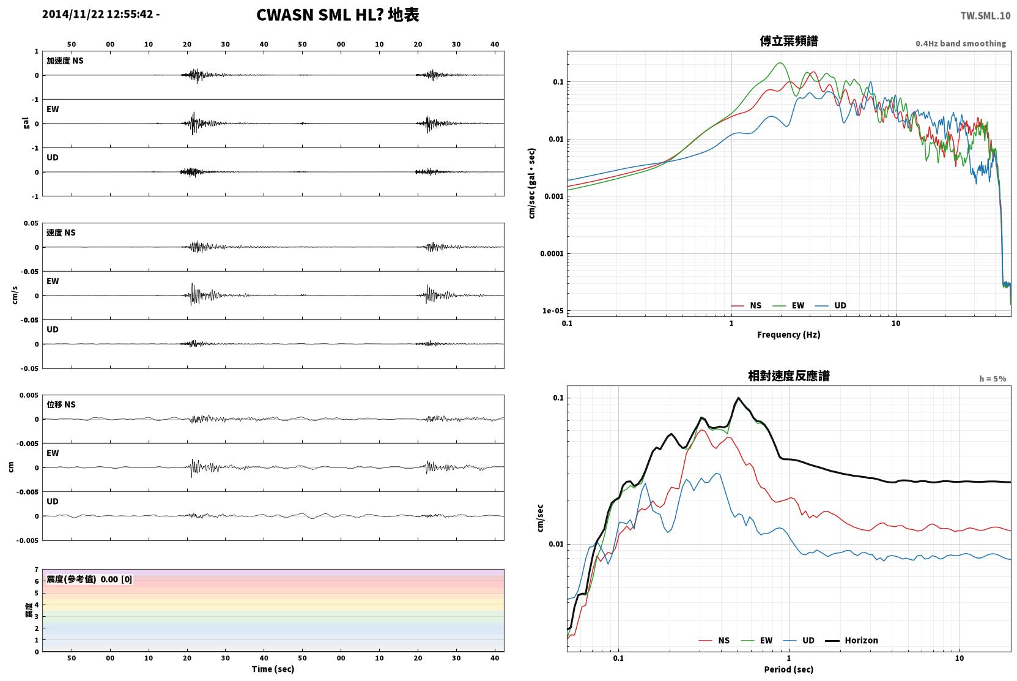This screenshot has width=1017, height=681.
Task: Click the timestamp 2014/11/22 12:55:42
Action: point(98,14)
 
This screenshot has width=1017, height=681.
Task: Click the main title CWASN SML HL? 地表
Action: point(338,15)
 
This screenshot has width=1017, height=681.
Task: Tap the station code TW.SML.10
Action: point(985,16)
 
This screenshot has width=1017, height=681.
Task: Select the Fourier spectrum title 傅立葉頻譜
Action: point(789,41)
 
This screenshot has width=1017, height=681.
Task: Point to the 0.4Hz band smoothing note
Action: point(961,43)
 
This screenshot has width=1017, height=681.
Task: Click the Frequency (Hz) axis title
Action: point(789,335)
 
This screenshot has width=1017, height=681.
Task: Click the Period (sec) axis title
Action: point(789,669)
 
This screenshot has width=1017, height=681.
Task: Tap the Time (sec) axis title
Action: point(273,669)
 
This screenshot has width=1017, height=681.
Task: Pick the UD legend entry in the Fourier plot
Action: point(831,306)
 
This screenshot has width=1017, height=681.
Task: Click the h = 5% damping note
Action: point(993,379)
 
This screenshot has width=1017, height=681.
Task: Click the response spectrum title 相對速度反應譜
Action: point(789,376)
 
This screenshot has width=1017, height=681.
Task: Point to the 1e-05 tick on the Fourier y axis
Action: point(553,311)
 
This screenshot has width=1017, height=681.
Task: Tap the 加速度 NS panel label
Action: point(65,61)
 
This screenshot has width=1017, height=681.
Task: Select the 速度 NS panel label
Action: point(61,233)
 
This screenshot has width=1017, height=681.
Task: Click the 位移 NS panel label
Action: point(61,404)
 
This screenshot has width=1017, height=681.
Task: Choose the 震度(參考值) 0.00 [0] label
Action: point(89,579)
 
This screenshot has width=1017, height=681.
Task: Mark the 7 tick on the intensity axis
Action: point(37,570)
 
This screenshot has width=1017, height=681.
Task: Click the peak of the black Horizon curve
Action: point(738,398)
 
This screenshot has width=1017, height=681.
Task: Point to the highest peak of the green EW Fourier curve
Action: point(780,63)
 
